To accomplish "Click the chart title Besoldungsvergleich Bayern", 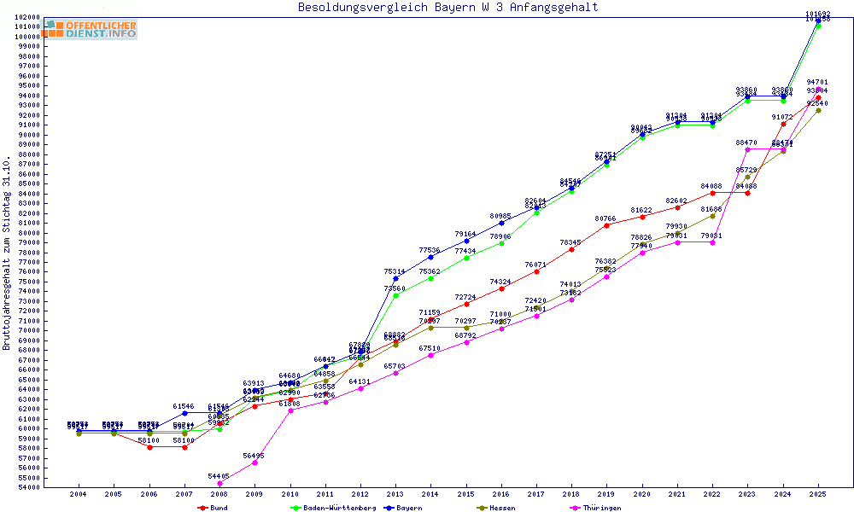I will click(x=447, y=8).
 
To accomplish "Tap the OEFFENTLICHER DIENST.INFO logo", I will click(x=92, y=29).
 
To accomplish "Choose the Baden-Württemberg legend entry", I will click(x=334, y=508).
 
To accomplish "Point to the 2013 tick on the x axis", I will click(x=395, y=494).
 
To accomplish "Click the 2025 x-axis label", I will click(x=818, y=494).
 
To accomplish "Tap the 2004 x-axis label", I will click(x=79, y=494).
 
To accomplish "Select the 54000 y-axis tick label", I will click(x=27, y=487).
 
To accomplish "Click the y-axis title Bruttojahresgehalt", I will click(x=8, y=253).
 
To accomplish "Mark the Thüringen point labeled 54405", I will click(x=219, y=484).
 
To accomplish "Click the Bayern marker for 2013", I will click(x=395, y=279).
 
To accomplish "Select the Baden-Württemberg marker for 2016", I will click(x=501, y=243).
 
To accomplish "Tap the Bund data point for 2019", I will click(x=607, y=225).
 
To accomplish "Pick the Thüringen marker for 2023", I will click(x=748, y=149).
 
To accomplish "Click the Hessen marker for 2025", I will click(x=818, y=110).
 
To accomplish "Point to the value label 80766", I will click(x=605, y=218).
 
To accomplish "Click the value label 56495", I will click(x=254, y=456).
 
